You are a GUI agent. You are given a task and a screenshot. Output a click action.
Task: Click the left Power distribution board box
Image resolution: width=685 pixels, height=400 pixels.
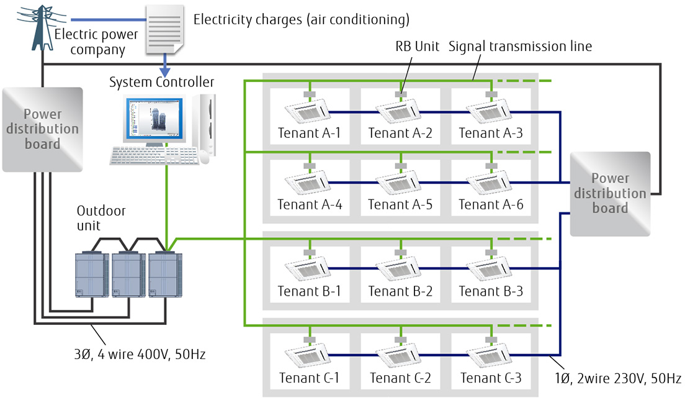point(42,129)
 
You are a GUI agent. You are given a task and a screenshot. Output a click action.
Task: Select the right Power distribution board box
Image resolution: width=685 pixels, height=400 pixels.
point(609,193)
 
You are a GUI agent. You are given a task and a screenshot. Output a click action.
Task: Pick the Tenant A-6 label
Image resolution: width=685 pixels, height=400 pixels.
point(490,204)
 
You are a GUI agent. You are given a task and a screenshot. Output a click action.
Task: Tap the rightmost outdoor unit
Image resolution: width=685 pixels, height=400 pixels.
point(166,274)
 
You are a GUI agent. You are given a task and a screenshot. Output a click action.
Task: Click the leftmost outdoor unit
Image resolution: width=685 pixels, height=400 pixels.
point(92,274)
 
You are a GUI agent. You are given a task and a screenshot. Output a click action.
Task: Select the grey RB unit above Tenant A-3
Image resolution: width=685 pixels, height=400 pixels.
point(491,95)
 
